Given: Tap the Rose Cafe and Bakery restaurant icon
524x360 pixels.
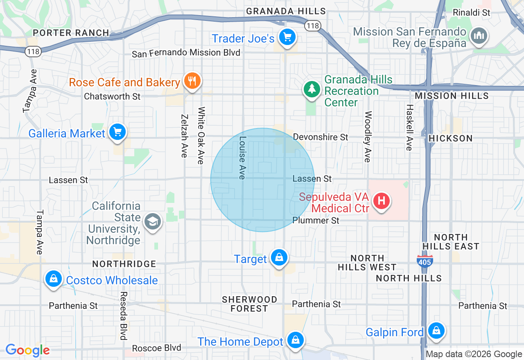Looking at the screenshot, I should pyautogui.click(x=191, y=81).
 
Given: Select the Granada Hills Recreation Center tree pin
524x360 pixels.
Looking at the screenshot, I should pyautogui.click(x=312, y=89).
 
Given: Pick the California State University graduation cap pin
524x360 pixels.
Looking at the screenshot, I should pyautogui.click(x=153, y=222).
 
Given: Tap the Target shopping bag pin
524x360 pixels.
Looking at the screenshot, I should pyautogui.click(x=279, y=258).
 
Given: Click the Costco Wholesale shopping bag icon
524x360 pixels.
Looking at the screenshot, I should pyautogui.click(x=53, y=279).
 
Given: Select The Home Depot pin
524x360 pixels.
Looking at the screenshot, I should pyautogui.click(x=294, y=340).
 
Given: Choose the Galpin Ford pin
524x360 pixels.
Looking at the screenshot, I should pyautogui.click(x=436, y=331).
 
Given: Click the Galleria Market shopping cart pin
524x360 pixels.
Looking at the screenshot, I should pyautogui.click(x=118, y=132).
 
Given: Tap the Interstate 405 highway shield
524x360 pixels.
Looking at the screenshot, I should pyautogui.click(x=425, y=261).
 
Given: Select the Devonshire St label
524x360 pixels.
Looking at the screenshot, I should pyautogui.click(x=321, y=137).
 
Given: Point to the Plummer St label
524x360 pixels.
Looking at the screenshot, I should pyautogui.click(x=316, y=220).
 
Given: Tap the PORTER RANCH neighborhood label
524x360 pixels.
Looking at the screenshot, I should pyautogui.click(x=71, y=33).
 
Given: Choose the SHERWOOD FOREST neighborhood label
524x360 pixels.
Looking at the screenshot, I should pyautogui.click(x=249, y=304).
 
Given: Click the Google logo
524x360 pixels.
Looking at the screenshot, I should pyautogui.click(x=27, y=350).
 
